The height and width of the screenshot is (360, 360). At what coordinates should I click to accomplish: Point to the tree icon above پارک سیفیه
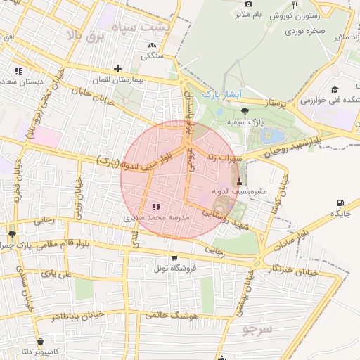click(245, 111)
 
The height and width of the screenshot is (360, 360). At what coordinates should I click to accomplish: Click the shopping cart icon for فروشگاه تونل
click(174, 257)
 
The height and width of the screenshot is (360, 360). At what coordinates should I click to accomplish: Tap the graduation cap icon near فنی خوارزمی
click(335, 89)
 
